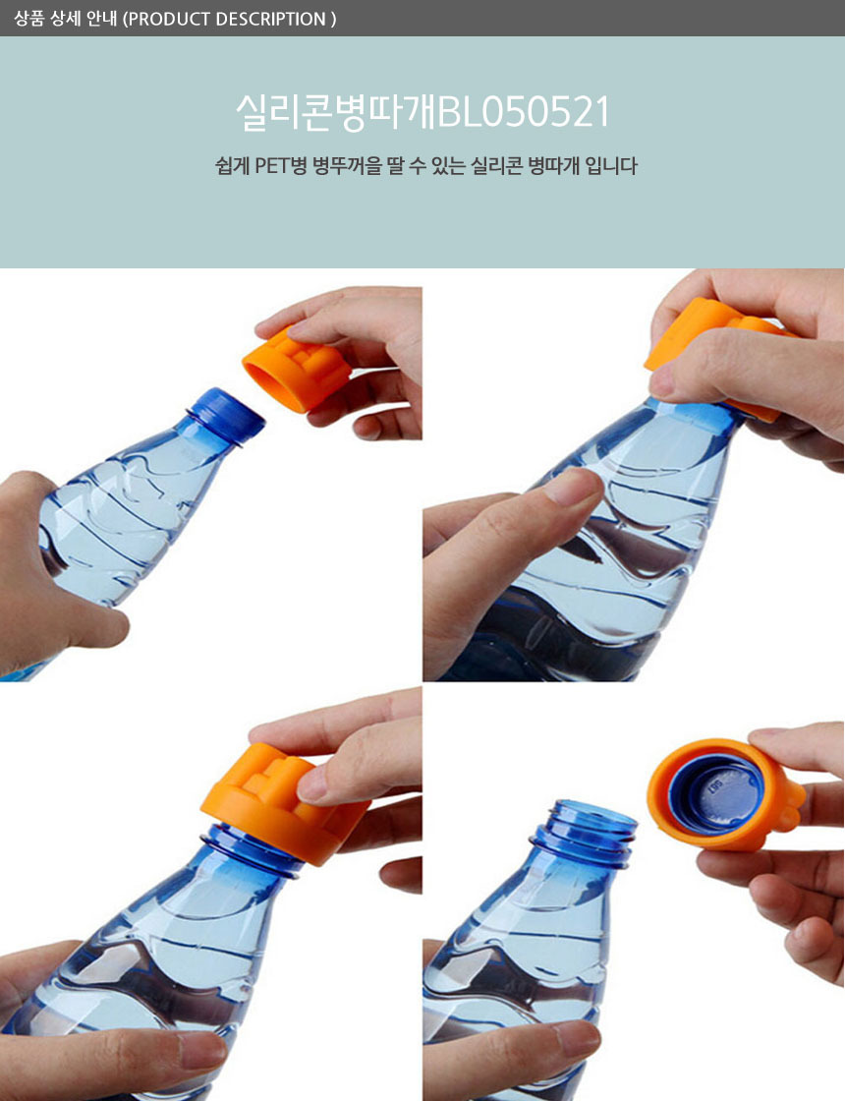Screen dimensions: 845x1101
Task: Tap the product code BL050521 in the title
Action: [522, 112]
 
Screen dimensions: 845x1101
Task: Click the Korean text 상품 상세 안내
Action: [65, 19]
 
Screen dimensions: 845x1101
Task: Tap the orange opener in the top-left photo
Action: [296, 368]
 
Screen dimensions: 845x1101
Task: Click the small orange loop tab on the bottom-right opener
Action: [791, 817]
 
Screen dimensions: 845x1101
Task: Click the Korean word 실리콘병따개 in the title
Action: [335, 112]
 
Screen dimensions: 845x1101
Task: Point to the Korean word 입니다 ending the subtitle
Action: [611, 166]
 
